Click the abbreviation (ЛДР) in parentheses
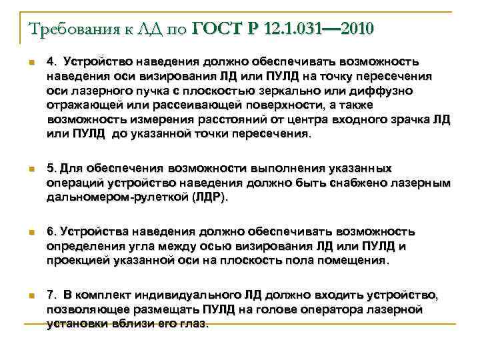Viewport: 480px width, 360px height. click(209, 197)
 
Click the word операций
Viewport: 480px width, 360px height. click(74, 183)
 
